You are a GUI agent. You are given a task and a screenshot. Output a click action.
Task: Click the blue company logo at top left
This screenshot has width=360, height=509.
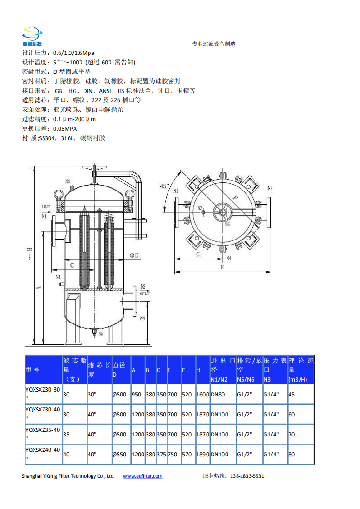pos(32,36)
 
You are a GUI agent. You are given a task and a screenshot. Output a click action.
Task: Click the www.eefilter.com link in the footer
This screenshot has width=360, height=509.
pos(143,476)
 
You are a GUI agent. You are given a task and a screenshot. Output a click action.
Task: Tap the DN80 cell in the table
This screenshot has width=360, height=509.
pos(218,394)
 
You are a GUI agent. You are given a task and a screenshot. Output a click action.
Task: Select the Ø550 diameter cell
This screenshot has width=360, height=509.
pos(119,455)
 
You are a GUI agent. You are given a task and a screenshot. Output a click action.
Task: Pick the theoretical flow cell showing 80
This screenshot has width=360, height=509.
pos(291,455)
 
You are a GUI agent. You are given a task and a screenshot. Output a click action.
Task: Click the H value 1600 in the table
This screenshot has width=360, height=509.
pos(203,394)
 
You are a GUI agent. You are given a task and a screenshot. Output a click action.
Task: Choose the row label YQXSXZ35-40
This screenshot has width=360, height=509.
pos(43,430)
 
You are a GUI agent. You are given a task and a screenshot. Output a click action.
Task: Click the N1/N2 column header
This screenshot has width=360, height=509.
pos(219,379)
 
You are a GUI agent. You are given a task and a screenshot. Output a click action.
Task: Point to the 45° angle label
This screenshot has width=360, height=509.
pos(164,186)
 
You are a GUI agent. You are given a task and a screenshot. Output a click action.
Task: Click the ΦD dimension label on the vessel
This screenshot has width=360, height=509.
pos(134,255)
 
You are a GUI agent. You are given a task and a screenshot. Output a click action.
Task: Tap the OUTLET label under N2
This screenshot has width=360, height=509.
pos(145,294)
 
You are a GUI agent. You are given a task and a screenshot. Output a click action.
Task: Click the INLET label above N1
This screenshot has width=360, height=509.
pos(46,206)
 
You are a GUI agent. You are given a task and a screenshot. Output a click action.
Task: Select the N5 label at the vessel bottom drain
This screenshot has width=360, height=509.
pos(101,333)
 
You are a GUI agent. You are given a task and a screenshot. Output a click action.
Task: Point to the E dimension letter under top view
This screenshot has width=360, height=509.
pos(222,267)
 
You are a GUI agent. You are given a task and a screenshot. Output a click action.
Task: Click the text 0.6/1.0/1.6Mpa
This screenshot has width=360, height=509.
pos(74,53)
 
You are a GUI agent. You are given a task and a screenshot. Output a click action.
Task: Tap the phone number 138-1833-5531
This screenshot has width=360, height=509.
pos(247,476)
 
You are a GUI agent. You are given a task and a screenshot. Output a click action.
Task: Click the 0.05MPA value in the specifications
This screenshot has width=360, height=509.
pos(65,128)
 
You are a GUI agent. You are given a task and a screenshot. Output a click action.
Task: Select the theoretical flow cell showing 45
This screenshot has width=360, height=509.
pos(291,394)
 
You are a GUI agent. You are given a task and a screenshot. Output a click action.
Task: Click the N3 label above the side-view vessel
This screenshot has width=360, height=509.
pos(68,181)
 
